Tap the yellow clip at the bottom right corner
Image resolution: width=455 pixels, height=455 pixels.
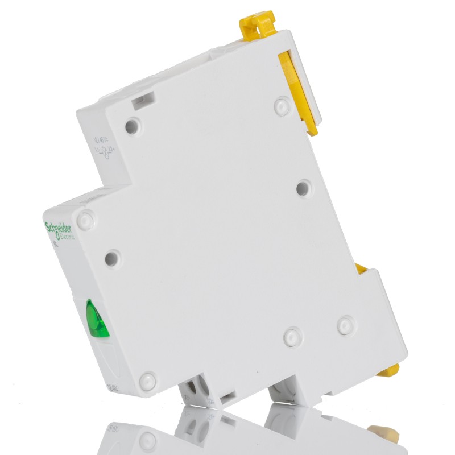pos(389,370)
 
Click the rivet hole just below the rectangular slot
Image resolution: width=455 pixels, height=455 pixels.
pos(133,125)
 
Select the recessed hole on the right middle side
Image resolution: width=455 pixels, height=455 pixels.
pos(304,187)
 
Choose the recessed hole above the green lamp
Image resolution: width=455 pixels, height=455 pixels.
pos(112,258)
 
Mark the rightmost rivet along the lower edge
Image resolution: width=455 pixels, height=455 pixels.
pos(345,325)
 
